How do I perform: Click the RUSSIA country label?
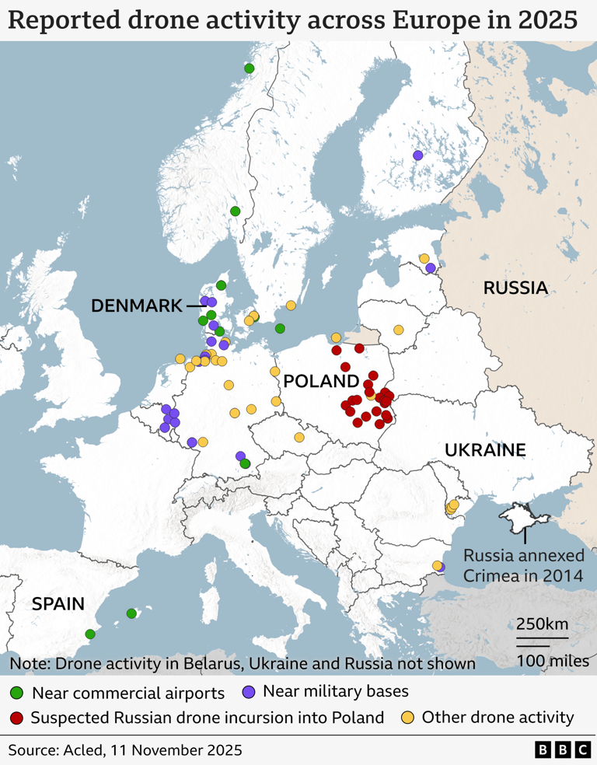515,288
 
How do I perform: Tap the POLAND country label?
320,381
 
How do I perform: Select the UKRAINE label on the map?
485,450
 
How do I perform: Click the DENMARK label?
136,306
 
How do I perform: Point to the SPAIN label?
59,603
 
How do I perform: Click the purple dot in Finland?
417,155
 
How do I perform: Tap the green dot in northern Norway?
249,68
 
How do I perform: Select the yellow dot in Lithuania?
399,330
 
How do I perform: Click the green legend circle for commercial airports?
17,693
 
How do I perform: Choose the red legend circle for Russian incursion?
17,718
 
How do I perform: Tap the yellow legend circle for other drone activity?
408,718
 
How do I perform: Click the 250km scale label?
541,624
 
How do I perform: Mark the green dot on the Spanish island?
131,613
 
